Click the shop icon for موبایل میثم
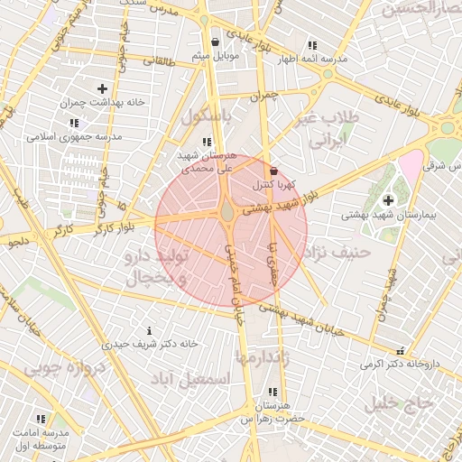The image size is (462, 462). click(215, 42)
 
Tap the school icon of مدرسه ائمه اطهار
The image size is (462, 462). click(312, 45)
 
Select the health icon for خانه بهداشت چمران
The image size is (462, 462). click(102, 88)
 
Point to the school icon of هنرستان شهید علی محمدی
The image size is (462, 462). click(208, 142)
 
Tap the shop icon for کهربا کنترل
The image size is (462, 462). click(273, 171)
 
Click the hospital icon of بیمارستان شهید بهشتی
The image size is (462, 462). click(388, 200)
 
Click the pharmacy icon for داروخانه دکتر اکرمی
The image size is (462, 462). click(400, 351)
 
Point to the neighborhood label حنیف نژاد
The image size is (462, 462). click(338, 252)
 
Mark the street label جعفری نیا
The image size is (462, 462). click(273, 261)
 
